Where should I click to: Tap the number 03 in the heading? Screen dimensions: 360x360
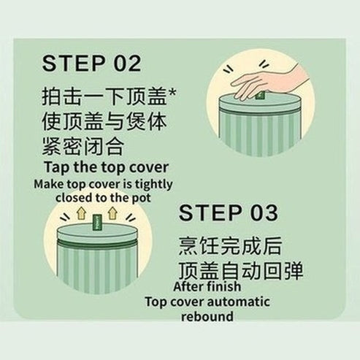pyautogui.click(x=259, y=213)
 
